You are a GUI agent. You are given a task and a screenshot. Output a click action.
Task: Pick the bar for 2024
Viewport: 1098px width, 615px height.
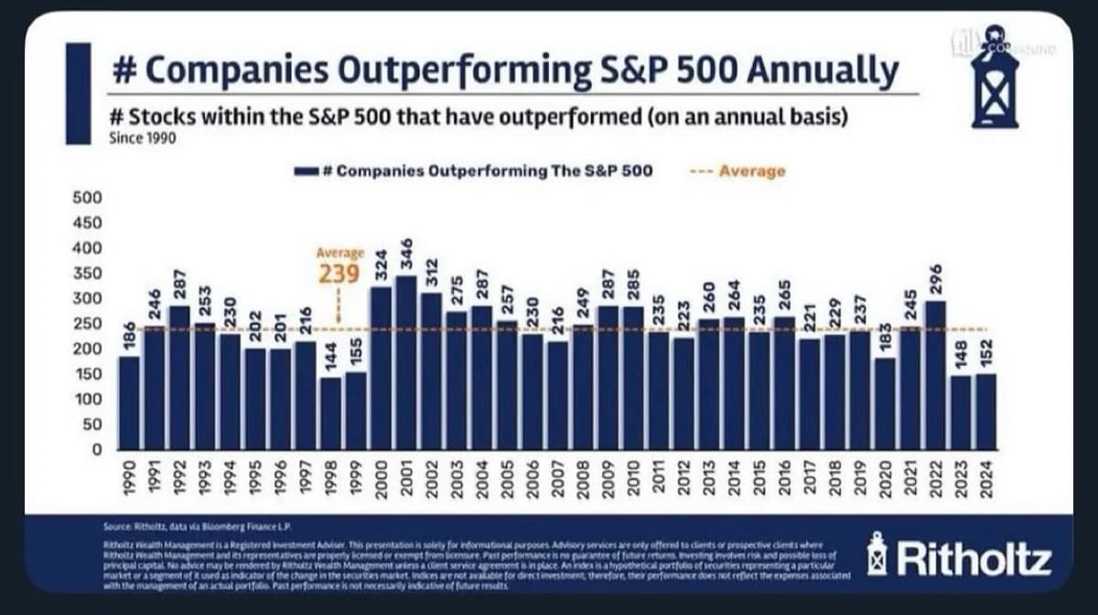pyautogui.click(x=985, y=411)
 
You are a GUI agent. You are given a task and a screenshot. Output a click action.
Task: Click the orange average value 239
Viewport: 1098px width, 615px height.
pyautogui.click(x=339, y=274)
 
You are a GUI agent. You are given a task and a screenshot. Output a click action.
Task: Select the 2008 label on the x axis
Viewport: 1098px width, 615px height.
pyautogui.click(x=582, y=477)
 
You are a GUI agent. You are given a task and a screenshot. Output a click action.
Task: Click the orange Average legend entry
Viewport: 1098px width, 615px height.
pyautogui.click(x=740, y=171)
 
